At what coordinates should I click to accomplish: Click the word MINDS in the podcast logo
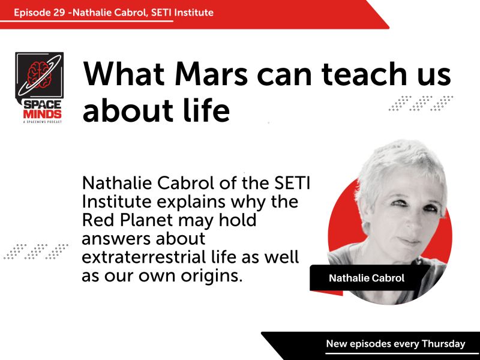pos(39,113)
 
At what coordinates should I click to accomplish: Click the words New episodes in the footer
pos(354,344)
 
